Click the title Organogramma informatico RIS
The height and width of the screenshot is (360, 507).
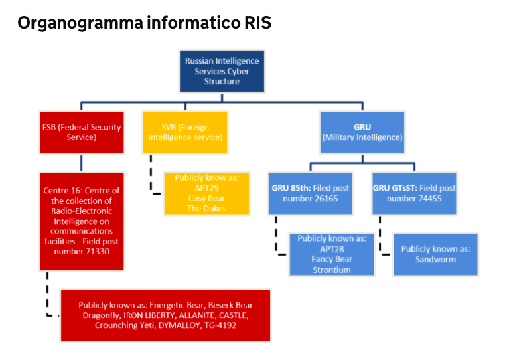click(144, 23)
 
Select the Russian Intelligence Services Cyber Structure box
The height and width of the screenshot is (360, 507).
click(222, 71)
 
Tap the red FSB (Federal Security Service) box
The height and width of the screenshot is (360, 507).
click(82, 132)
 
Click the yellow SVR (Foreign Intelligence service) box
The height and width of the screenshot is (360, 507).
click(184, 132)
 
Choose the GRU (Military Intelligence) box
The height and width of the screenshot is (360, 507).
click(362, 132)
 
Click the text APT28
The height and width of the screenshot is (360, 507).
click(331, 248)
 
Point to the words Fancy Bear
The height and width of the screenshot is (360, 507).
click(331, 259)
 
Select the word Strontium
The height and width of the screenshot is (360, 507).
click(331, 270)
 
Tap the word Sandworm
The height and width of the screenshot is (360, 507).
click(435, 259)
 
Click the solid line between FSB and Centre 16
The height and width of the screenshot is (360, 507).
click(82, 163)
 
